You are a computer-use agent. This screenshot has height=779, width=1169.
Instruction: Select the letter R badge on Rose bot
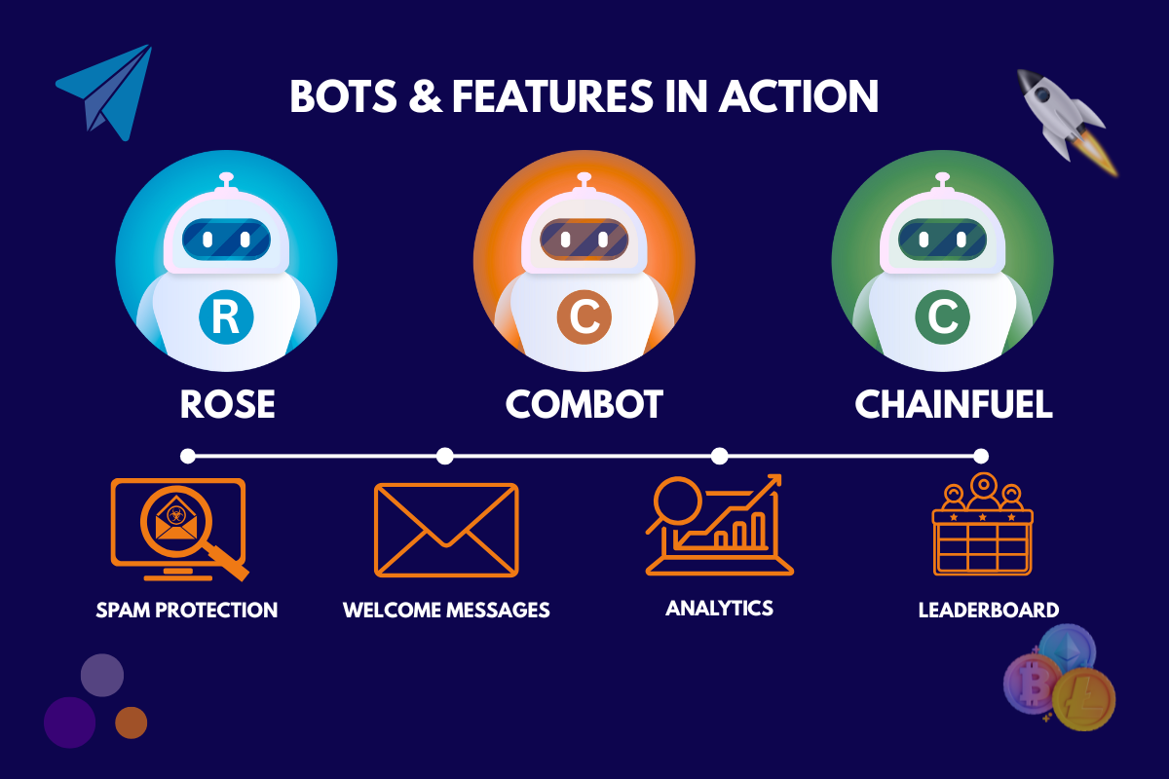pos(226,317)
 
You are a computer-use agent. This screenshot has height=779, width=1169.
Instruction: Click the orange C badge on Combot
pos(584,317)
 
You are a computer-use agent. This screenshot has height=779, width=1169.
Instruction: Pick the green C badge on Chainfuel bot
pos(942,317)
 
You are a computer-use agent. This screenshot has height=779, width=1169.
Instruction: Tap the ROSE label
pos(227,404)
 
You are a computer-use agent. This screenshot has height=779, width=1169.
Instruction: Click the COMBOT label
pos(584,404)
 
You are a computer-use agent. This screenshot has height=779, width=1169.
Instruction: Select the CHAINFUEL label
pos(954,404)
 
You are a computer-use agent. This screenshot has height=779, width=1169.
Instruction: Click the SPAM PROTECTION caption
pos(187,611)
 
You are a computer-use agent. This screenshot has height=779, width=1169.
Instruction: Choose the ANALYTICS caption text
pos(719,609)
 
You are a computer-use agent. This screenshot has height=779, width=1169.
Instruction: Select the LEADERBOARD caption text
pos(988,611)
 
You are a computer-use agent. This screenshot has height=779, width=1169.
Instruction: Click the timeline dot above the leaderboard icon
pos(981,456)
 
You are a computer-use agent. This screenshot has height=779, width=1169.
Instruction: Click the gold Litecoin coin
pos(1082,698)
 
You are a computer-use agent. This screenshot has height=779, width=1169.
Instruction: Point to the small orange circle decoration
pos(131,723)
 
